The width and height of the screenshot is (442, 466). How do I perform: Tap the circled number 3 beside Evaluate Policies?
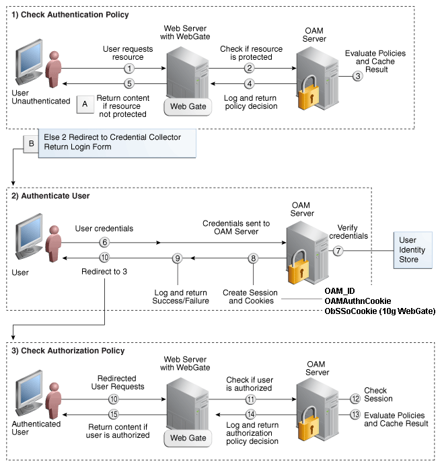click(358, 76)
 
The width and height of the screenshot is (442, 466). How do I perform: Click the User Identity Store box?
click(412, 249)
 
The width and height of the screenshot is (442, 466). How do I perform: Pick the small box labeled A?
click(85, 104)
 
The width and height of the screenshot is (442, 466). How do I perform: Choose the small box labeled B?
click(30, 143)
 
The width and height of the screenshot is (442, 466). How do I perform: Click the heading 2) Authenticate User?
click(51, 196)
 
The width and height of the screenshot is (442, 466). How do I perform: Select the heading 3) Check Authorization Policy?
click(69, 351)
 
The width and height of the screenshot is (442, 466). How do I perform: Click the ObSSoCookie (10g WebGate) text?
click(379, 311)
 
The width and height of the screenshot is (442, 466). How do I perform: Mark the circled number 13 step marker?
click(355, 415)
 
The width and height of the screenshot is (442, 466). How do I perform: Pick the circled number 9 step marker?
click(178, 258)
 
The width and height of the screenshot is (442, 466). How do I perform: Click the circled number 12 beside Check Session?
click(355, 399)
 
